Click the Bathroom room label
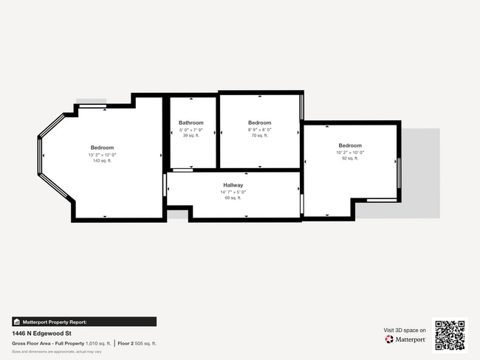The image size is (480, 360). coord(191,122)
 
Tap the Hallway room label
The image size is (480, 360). coord(233,185)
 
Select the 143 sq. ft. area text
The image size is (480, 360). coord(102,161)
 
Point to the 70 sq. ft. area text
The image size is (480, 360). coord(259,136)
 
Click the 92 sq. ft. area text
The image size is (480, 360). coord(350,158)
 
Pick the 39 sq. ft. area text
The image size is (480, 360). coord(191,136)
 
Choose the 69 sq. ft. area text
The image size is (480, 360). coord(233,198)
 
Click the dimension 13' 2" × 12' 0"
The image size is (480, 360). coord(102,155)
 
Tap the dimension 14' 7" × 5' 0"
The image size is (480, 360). coord(233,192)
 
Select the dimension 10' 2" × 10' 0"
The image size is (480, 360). coord(350,152)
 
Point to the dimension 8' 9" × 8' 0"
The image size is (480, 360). coord(259,130)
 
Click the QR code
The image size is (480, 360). coord(450,335)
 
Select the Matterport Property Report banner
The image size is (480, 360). coord(84,322)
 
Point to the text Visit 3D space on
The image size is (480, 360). coord(405,330)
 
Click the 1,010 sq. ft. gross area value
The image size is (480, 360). coord(97,344)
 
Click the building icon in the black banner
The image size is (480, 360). coord(17,322)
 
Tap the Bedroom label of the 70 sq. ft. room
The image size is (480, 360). coord(259,122)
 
